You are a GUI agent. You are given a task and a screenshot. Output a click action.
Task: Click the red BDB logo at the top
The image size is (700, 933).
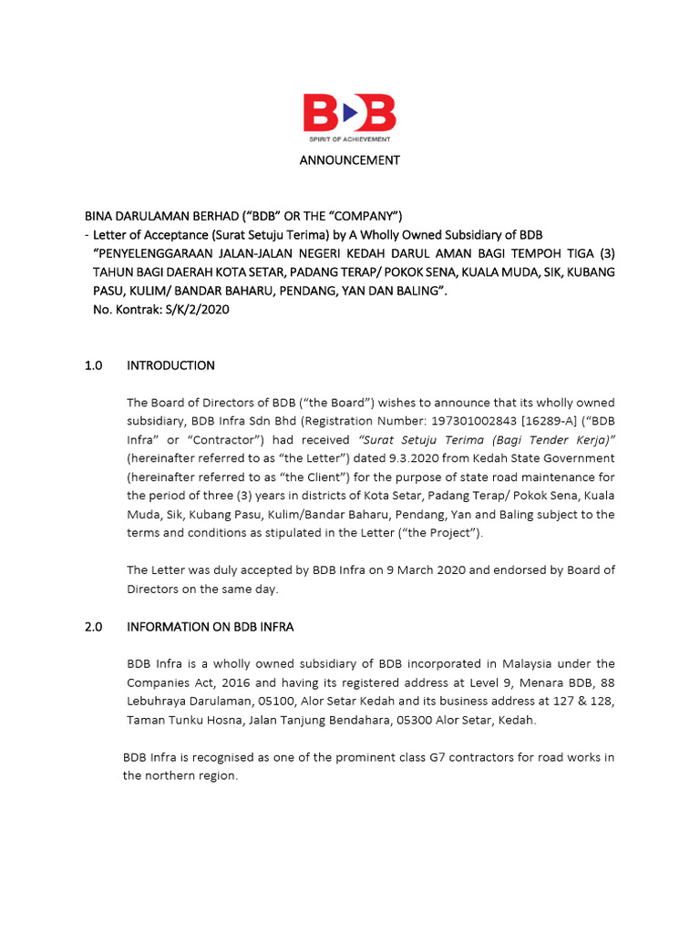(349, 115)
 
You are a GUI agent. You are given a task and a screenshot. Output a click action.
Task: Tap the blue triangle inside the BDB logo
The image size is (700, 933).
(350, 114)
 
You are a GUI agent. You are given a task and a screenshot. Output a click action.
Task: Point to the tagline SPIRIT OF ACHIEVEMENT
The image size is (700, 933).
(349, 139)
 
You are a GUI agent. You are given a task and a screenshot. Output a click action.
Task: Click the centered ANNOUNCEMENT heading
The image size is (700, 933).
(350, 160)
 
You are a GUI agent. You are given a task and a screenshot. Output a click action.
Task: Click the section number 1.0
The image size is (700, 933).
(94, 365)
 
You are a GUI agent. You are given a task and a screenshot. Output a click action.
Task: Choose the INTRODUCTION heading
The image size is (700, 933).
(170, 365)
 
